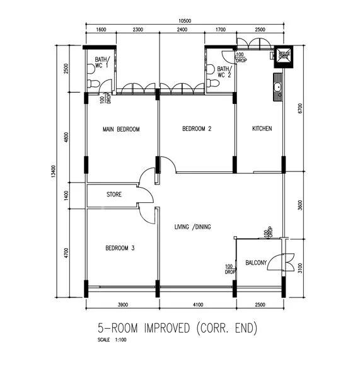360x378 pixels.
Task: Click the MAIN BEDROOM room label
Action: (120, 129)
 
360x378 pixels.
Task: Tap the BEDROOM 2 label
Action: (197, 129)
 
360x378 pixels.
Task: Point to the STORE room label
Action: (113, 195)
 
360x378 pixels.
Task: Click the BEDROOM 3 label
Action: (120, 248)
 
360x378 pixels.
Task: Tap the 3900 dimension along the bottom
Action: (122, 305)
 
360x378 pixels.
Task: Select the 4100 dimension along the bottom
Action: (197, 305)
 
